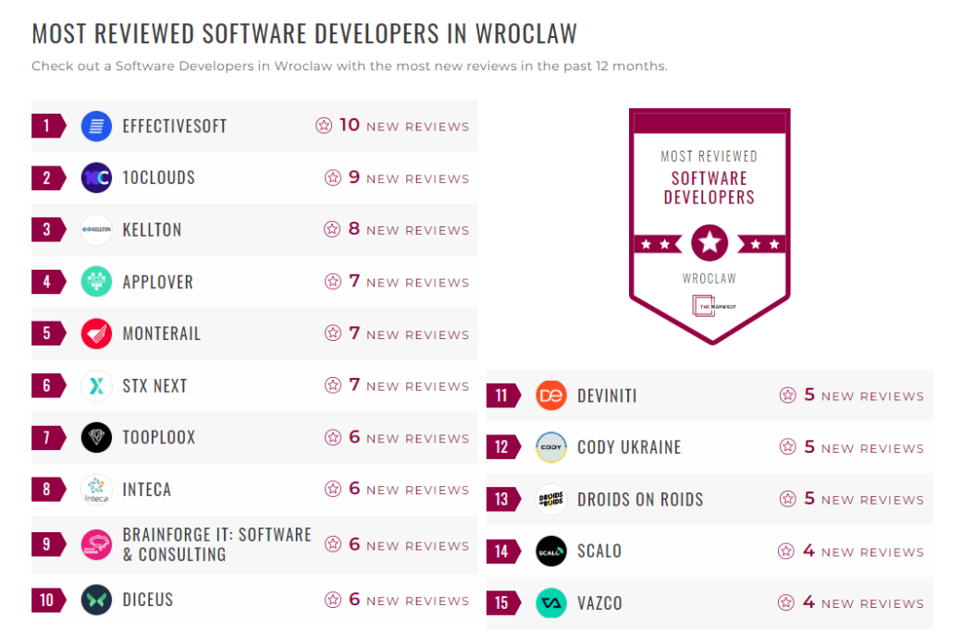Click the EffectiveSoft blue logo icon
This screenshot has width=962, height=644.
96,126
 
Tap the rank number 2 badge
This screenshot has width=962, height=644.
47,177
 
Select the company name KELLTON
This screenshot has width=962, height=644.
152,230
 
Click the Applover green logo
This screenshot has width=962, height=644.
96,282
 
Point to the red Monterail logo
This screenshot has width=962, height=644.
96,334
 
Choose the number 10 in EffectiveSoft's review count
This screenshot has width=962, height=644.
350,125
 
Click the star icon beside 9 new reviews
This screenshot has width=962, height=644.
333,177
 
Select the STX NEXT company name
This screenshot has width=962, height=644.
154,386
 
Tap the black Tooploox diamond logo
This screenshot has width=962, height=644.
96,438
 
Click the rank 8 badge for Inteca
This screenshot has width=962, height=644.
47,490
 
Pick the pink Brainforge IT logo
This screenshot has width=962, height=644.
96,544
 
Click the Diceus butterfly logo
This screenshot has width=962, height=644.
96,601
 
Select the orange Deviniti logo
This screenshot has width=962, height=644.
551,395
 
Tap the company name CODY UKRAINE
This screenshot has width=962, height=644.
629,448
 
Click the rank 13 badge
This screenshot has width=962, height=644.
501,500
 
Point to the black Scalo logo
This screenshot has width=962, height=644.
551,552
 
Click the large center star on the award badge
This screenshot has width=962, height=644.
709,243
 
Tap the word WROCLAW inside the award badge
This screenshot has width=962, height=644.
709,278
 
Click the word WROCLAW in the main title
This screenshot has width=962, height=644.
525,34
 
